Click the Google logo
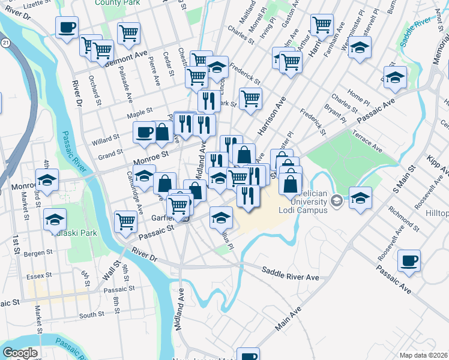click(20, 353)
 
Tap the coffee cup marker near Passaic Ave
click(409, 262)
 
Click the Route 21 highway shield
click(5, 43)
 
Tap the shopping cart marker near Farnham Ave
click(322, 25)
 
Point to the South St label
click(91, 314)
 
